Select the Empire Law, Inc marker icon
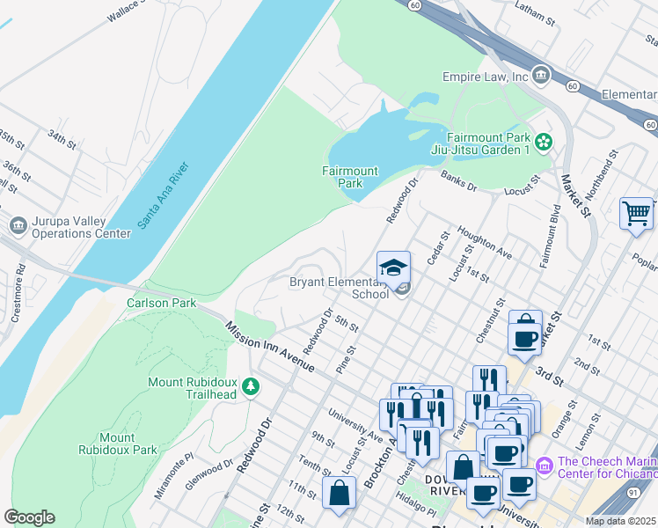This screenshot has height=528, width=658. pos(540,76)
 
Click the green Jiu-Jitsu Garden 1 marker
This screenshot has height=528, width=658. pos(544,141)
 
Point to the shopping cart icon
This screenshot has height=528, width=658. pos(636,214)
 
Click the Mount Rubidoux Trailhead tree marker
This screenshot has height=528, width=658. pos(251,386)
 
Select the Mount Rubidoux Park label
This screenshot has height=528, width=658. pos(128,444)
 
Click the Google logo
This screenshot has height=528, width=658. pos(29,517)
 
